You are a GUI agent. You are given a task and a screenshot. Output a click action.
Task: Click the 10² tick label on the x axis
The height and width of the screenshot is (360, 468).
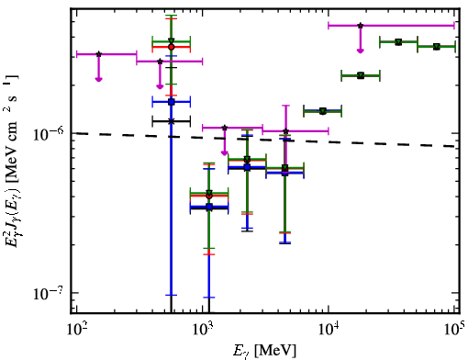[76, 330]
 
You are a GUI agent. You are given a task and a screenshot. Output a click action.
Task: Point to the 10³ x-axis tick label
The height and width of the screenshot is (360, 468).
[203, 330]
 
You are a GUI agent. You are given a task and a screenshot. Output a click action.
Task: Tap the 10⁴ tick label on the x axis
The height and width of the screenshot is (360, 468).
[329, 330]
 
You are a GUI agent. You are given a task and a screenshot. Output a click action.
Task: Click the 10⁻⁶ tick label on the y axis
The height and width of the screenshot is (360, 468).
[49, 134]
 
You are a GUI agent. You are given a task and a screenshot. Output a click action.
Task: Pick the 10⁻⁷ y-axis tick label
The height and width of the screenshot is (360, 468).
[49, 293]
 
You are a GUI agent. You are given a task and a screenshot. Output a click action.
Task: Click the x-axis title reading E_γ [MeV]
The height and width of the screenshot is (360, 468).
[264, 351]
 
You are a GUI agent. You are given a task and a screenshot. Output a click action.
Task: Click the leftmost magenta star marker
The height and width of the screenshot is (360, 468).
[99, 54]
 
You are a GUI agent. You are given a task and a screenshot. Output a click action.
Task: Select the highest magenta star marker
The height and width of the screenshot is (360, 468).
[361, 26]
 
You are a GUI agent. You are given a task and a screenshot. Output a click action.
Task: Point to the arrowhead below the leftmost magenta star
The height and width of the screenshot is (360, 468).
[98, 80]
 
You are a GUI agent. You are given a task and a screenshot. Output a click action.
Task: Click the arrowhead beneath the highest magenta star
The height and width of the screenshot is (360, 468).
[361, 51]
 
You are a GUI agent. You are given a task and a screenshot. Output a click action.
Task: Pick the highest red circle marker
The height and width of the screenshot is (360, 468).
[172, 47]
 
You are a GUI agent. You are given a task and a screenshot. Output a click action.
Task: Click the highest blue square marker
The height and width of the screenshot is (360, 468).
[172, 102]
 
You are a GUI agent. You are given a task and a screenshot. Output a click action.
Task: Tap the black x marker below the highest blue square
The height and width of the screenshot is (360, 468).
[172, 121]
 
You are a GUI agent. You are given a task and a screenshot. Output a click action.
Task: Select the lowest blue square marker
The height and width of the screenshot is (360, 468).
[209, 207]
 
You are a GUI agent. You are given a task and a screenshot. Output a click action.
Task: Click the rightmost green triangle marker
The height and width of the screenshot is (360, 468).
[437, 47]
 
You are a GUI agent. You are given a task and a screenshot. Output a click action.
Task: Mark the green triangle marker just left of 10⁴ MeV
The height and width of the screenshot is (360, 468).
[322, 111]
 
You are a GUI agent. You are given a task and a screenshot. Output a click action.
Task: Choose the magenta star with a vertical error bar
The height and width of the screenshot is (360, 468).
[285, 131]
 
